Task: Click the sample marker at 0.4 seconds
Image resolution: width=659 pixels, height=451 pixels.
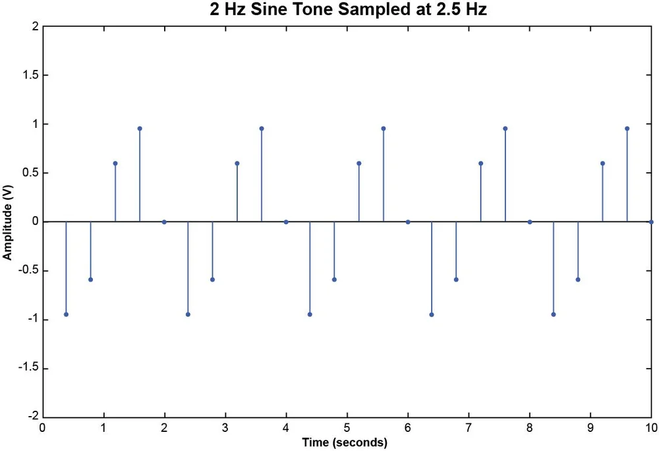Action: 67,315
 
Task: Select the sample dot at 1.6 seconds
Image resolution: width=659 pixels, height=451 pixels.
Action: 140,129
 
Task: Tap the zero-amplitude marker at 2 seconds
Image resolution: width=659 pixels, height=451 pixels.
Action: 164,222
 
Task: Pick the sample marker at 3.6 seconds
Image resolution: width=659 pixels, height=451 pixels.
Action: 262,129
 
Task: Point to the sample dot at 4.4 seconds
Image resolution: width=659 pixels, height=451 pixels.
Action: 310,315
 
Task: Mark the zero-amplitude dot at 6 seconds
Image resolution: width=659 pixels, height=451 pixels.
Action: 408,222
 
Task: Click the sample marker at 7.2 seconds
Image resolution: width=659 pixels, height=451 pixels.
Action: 481,164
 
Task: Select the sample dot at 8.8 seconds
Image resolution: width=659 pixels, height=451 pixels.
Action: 578,280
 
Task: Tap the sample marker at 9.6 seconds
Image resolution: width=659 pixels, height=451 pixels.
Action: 627,129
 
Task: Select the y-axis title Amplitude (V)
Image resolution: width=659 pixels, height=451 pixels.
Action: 8,222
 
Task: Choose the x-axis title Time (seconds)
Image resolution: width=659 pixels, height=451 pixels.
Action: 345,442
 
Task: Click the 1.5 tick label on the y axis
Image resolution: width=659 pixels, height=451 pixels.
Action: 31,75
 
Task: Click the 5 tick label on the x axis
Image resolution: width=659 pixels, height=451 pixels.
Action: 347,428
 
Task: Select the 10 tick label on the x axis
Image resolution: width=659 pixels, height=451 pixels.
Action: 651,428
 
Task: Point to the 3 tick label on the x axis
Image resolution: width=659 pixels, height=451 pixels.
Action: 225,428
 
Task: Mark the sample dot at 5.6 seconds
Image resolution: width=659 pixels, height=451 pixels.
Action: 384,129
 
